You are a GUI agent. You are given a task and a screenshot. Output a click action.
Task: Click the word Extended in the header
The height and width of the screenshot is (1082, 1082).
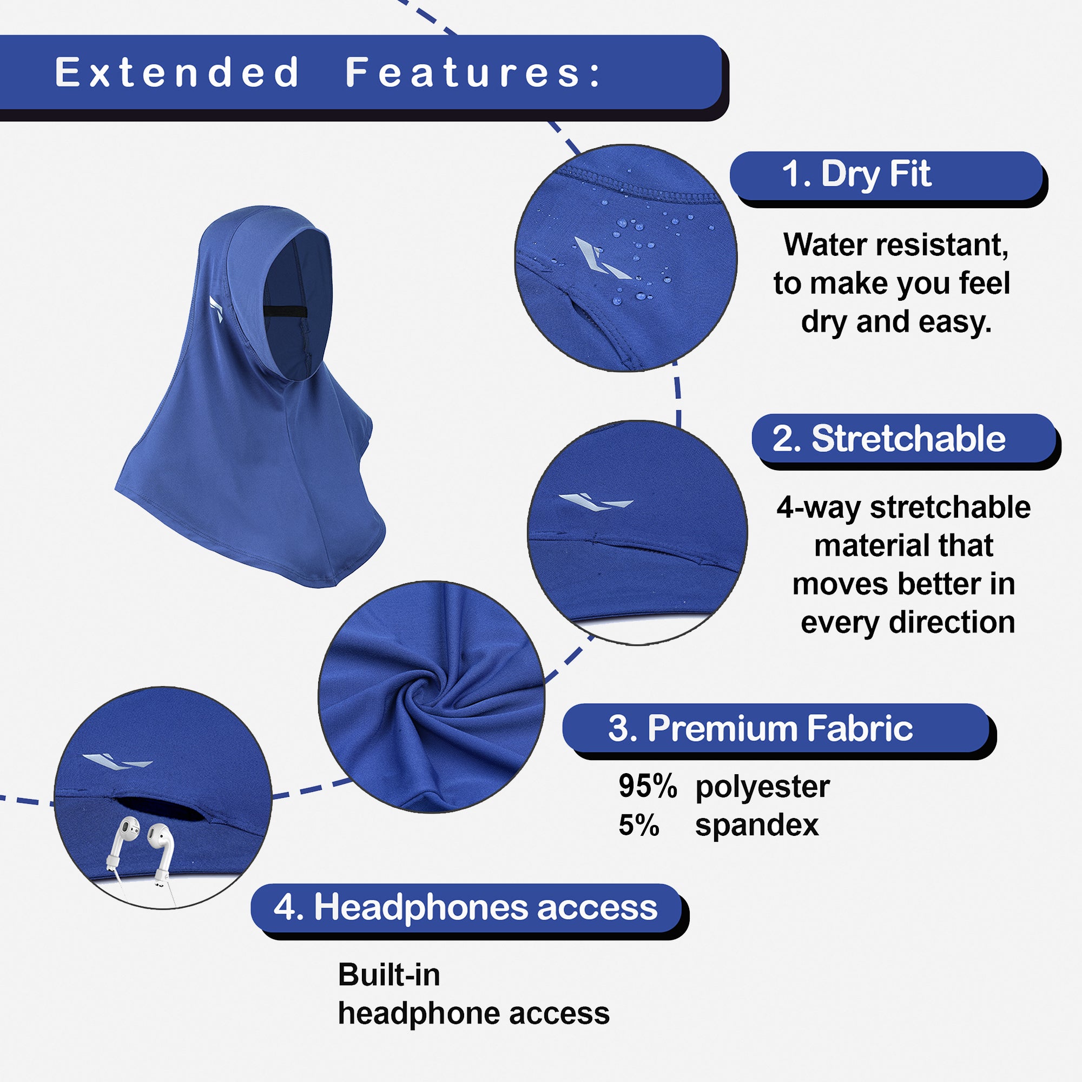(x=177, y=72)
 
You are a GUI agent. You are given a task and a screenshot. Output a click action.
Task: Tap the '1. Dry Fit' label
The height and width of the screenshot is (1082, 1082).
(x=856, y=174)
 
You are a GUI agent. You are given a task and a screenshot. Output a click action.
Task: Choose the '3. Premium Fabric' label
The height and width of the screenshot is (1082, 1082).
(x=761, y=728)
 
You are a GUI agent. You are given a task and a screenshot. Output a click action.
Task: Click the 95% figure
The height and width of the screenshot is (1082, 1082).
(x=648, y=786)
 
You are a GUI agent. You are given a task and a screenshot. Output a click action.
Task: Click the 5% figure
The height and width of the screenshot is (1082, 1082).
(x=638, y=825)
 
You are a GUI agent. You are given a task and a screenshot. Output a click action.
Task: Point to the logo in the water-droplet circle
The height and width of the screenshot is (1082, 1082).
(x=601, y=258)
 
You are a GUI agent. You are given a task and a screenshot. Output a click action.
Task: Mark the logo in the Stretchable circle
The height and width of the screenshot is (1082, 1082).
(x=596, y=502)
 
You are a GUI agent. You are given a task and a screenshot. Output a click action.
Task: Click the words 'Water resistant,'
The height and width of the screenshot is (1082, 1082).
(x=895, y=245)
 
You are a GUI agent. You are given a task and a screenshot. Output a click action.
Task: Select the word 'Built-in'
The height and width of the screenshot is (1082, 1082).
(x=389, y=975)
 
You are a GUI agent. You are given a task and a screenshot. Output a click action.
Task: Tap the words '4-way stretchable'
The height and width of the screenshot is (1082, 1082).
(x=903, y=508)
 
